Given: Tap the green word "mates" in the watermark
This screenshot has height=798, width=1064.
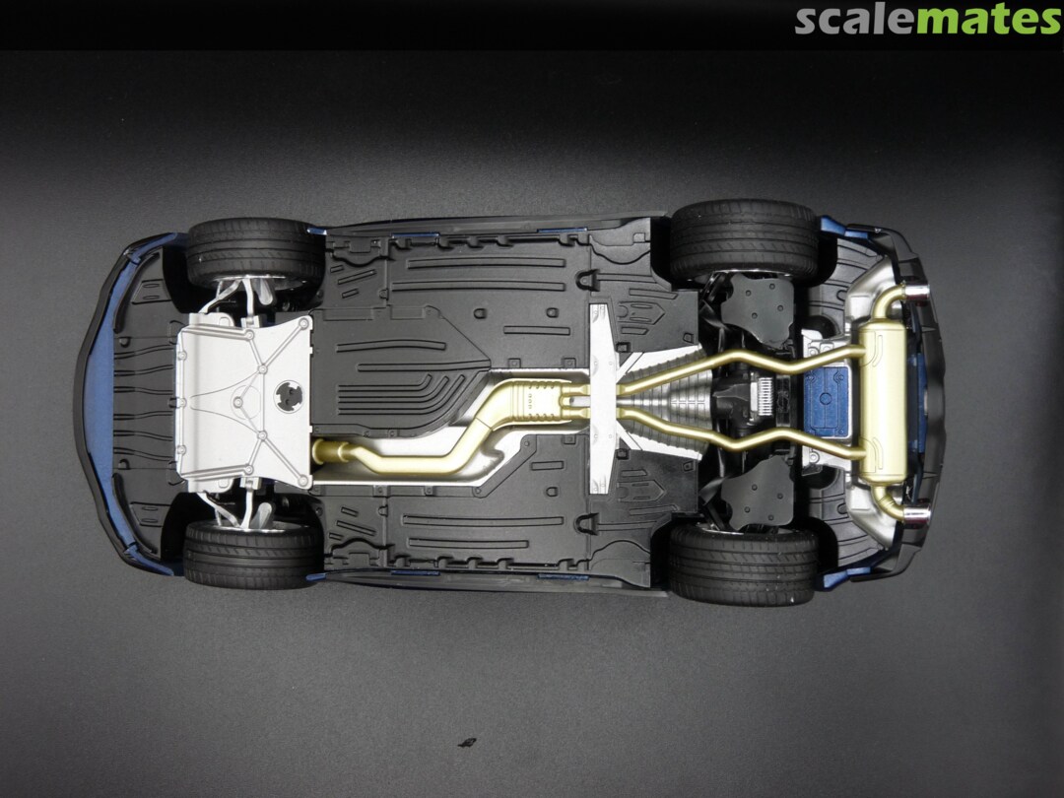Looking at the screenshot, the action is pos(989,21).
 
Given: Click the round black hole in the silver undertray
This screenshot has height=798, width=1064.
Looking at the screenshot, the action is pos(289,396).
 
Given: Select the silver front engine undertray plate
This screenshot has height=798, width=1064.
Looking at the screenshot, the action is pos(244,401).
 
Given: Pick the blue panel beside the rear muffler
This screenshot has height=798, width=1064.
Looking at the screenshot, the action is pos(826,401).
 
